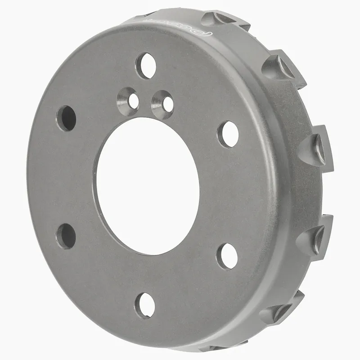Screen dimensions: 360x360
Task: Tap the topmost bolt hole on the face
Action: [x=146, y=66]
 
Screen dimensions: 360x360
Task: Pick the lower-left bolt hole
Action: [x=66, y=236]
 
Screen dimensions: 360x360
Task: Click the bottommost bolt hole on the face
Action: [x=146, y=306]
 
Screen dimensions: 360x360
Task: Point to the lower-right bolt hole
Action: [x=227, y=256]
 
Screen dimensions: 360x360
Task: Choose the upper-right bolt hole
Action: [x=228, y=134]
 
